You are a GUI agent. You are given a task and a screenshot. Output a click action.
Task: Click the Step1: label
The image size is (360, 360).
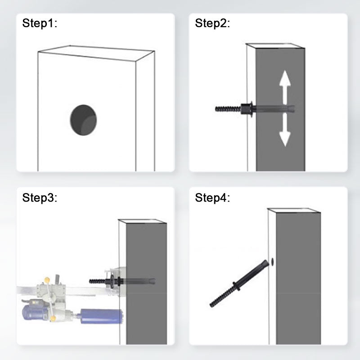tap(40, 23)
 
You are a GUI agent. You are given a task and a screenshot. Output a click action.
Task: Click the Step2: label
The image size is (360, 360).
tap(212, 23)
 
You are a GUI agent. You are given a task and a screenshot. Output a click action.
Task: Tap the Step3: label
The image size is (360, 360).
tap(40, 198)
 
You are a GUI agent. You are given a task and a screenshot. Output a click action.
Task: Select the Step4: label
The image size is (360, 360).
tap(212, 198)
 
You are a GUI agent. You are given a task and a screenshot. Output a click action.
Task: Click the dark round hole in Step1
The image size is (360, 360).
tap(83, 120)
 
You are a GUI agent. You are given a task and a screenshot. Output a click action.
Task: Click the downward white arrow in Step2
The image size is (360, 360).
tap(285, 130)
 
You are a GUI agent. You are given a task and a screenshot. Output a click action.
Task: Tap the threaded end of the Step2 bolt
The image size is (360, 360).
tap(228, 108)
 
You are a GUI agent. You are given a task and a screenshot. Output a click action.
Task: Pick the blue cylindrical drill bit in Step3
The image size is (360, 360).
tap(102, 316)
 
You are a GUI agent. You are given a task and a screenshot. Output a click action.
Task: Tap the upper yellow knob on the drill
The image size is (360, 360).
tap(47, 280)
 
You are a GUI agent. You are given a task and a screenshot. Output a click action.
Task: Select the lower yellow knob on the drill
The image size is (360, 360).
tap(53, 319)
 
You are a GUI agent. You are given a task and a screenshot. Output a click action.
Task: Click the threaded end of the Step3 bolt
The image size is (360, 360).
tap(97, 281)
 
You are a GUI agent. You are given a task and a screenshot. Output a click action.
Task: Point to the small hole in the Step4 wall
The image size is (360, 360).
tap(272, 262)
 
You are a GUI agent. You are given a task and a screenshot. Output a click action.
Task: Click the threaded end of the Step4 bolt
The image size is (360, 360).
tap(222, 297)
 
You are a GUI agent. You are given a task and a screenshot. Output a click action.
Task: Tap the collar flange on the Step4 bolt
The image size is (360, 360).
tap(237, 287)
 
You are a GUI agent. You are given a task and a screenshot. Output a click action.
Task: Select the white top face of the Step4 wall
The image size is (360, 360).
tap(294, 211)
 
